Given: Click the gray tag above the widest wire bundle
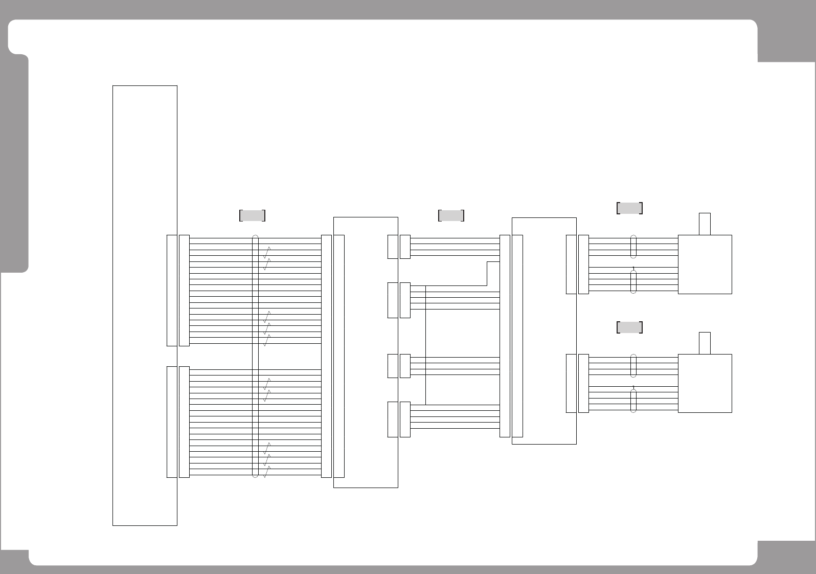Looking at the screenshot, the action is click(x=252, y=215).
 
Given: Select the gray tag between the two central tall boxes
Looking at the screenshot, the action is click(x=451, y=215).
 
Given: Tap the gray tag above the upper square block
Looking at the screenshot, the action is click(x=629, y=208).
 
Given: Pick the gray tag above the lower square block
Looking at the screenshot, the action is click(x=629, y=327).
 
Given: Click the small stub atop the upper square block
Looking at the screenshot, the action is click(x=705, y=224).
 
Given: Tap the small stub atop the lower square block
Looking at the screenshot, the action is click(x=705, y=343).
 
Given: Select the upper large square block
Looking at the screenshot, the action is click(x=705, y=264).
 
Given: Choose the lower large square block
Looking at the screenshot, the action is click(x=705, y=383).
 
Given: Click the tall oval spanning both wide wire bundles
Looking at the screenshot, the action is click(x=256, y=356).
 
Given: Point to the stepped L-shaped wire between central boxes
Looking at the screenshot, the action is click(x=487, y=273).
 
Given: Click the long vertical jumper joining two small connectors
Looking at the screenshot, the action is click(x=425, y=345).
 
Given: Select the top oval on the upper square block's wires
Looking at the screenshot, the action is click(x=633, y=247).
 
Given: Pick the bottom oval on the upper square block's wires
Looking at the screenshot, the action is click(x=633, y=282).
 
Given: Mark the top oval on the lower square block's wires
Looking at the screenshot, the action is click(x=633, y=365).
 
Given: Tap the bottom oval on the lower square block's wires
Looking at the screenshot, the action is click(x=633, y=401).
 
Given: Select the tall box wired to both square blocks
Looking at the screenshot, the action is click(x=544, y=330).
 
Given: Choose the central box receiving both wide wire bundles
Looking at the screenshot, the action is click(x=366, y=352).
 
